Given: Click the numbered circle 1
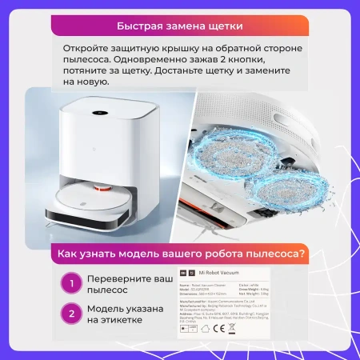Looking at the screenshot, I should [x=73, y=282].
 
